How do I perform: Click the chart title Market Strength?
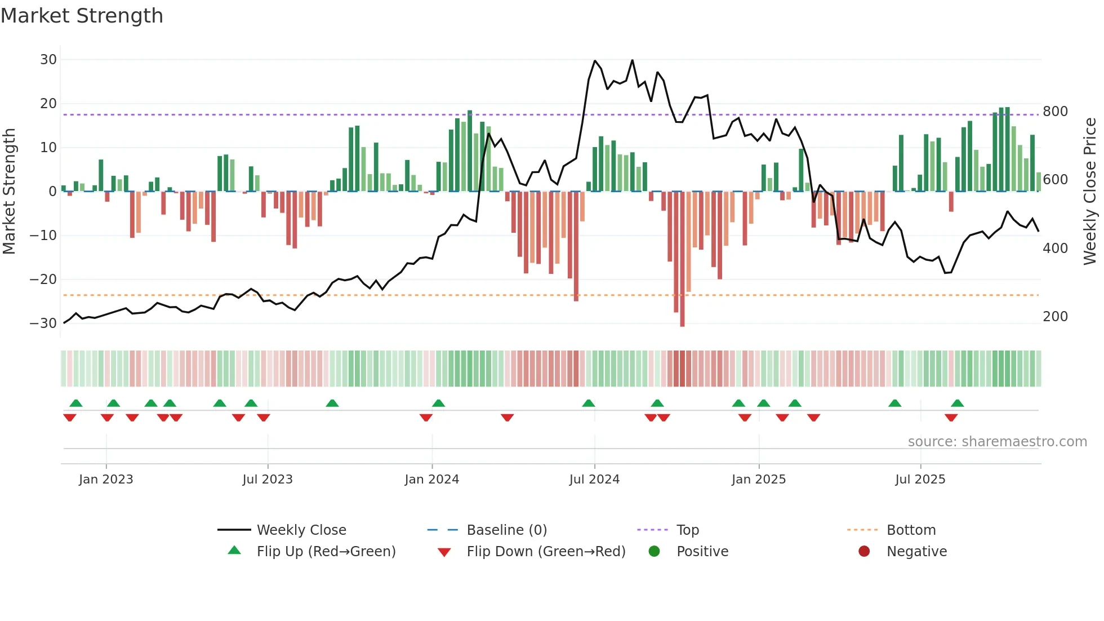(x=82, y=16)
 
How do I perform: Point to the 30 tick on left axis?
(x=48, y=60)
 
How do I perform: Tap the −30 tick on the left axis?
(x=43, y=323)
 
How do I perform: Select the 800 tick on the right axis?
(x=1055, y=112)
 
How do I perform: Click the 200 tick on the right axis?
(x=1055, y=317)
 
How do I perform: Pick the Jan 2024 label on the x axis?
(x=431, y=480)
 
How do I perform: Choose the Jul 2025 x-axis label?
(x=920, y=480)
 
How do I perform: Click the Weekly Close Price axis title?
(x=1090, y=192)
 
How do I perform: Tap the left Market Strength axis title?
(x=10, y=192)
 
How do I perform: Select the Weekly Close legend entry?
(x=301, y=530)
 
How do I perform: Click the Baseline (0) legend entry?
(x=506, y=530)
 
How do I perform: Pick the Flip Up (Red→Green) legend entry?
(x=326, y=552)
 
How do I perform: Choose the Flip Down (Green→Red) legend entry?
(x=545, y=552)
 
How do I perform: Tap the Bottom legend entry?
(x=911, y=530)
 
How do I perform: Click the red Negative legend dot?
(x=864, y=552)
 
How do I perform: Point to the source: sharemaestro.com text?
(x=997, y=442)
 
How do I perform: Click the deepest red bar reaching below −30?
(x=682, y=259)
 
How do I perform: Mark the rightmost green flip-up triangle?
(x=958, y=403)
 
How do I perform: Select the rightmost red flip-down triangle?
(x=951, y=418)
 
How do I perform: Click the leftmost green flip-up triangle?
(x=76, y=403)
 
